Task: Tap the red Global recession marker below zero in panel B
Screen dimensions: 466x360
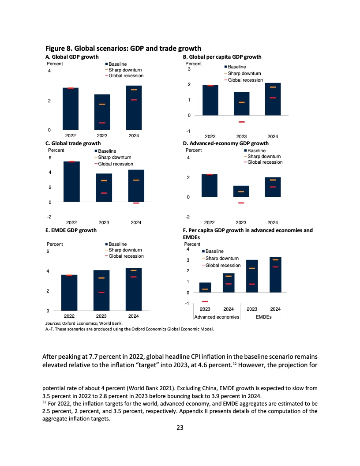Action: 241,122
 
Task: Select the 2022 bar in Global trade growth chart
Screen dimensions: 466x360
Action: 71,181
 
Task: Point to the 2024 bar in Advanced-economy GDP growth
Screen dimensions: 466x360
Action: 273,187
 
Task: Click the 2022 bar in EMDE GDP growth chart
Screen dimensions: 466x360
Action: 69,293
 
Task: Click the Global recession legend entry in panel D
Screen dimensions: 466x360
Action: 265,162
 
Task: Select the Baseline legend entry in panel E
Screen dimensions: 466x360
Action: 117,244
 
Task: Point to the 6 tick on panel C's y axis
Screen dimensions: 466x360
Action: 50,158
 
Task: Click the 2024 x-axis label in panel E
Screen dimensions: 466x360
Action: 133,316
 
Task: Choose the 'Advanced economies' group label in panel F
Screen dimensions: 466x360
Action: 217,317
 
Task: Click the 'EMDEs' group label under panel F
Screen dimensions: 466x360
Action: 263,317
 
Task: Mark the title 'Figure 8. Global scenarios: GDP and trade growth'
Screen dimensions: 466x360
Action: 124,49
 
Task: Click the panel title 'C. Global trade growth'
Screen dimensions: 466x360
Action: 73,143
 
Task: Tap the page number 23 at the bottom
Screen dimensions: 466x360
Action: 180,427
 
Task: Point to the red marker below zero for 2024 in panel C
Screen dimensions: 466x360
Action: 136,203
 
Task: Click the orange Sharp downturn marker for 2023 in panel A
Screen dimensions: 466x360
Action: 102,104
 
